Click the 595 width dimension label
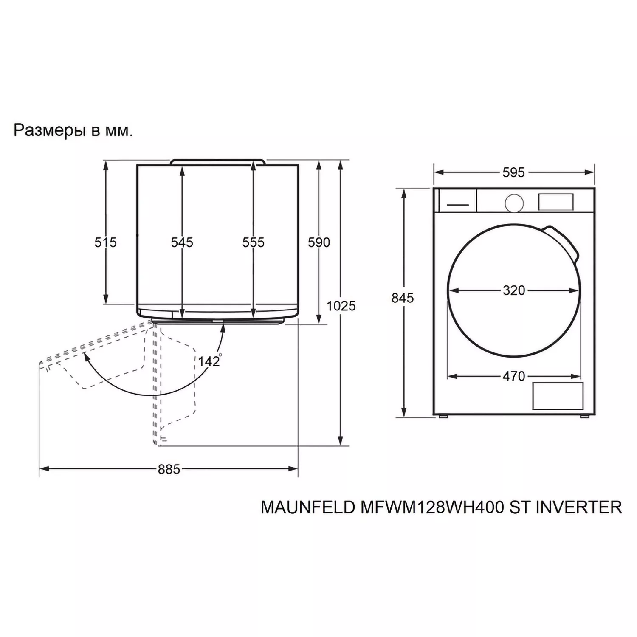tap(513, 172)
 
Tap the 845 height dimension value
tap(402, 298)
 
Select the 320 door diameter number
tap(514, 290)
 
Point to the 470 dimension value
tap(514, 376)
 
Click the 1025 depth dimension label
tap(341, 306)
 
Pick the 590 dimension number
tap(319, 242)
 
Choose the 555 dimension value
tap(253, 242)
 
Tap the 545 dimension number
tap(182, 242)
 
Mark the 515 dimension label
tap(105, 242)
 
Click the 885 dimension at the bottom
tap(169, 469)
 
